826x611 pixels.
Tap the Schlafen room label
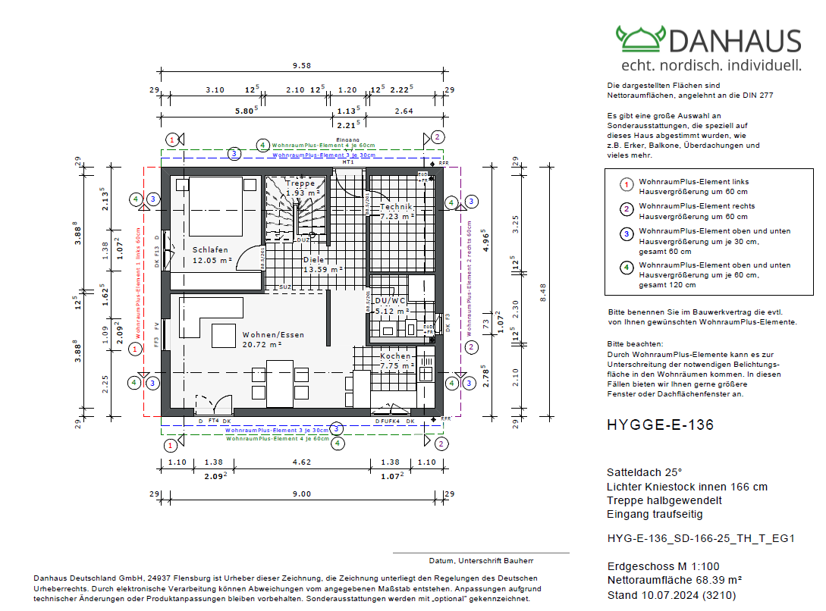pyautogui.click(x=210, y=249)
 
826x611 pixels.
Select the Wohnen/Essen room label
pyautogui.click(x=273, y=334)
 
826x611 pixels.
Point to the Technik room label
pyautogui.click(x=395, y=206)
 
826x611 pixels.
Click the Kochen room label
pyautogui.click(x=395, y=356)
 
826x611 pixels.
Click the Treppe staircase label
pyautogui.click(x=300, y=183)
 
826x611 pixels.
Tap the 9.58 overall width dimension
pyautogui.click(x=302, y=65)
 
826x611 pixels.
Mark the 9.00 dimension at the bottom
pyautogui.click(x=302, y=494)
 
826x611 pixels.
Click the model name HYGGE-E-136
pyautogui.click(x=660, y=425)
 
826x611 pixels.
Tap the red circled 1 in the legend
pyautogui.click(x=627, y=185)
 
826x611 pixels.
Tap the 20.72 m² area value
pyautogui.click(x=262, y=345)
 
